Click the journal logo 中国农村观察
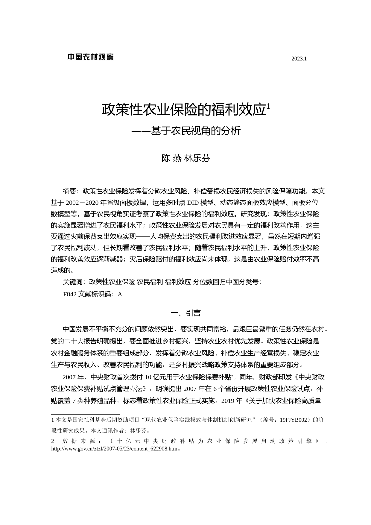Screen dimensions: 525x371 (90, 57)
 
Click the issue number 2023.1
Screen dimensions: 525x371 (299, 59)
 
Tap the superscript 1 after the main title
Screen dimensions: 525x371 (268, 106)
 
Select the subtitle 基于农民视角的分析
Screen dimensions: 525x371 (196, 131)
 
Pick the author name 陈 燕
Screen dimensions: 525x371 (171, 158)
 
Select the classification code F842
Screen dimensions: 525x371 (70, 294)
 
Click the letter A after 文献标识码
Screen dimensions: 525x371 (120, 294)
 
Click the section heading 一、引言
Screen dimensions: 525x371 (185, 313)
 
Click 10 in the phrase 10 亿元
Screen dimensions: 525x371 (148, 377)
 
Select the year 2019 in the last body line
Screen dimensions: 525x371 (228, 401)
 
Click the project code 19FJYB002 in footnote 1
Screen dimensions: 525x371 (294, 420)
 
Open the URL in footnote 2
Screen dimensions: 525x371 (114, 449)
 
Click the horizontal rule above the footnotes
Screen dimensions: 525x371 (85, 414)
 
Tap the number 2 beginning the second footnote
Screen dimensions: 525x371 (53, 441)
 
